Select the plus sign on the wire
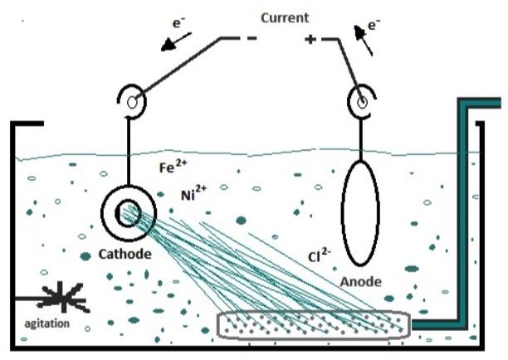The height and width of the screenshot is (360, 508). click(310, 39)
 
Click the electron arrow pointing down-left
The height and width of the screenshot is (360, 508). click(177, 41)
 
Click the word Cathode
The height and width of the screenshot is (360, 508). click(126, 255)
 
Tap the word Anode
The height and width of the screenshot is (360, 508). click(361, 282)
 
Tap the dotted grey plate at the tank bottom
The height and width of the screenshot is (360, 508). click(314, 324)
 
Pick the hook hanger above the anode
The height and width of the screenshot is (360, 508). click(362, 102)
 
